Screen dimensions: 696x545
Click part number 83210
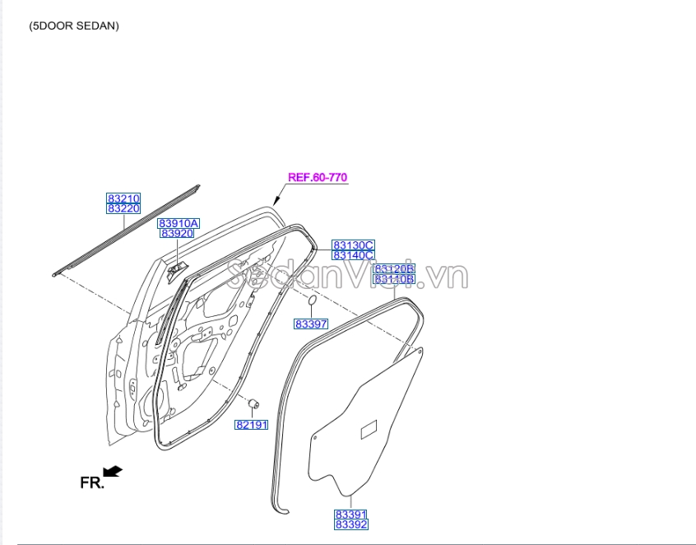click(123, 198)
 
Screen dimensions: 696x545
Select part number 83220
click(123, 208)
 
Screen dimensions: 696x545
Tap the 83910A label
click(179, 223)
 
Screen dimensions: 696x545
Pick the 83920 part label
click(177, 233)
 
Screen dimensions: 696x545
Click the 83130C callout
click(353, 245)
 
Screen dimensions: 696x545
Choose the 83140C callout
click(353, 255)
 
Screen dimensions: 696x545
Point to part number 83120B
click(395, 269)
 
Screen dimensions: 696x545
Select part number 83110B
click(395, 279)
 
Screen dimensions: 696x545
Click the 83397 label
click(311, 324)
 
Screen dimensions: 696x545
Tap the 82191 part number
click(252, 425)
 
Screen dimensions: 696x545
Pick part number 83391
click(351, 515)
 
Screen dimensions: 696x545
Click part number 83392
click(351, 524)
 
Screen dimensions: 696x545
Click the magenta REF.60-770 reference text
click(318, 177)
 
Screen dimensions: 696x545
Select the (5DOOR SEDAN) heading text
click(74, 26)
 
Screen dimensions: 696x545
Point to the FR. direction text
click(92, 482)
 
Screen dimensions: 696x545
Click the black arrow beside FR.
click(113, 471)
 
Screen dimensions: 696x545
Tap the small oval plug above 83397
click(312, 300)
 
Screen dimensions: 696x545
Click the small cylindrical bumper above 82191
click(254, 403)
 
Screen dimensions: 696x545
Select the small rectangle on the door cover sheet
click(369, 429)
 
